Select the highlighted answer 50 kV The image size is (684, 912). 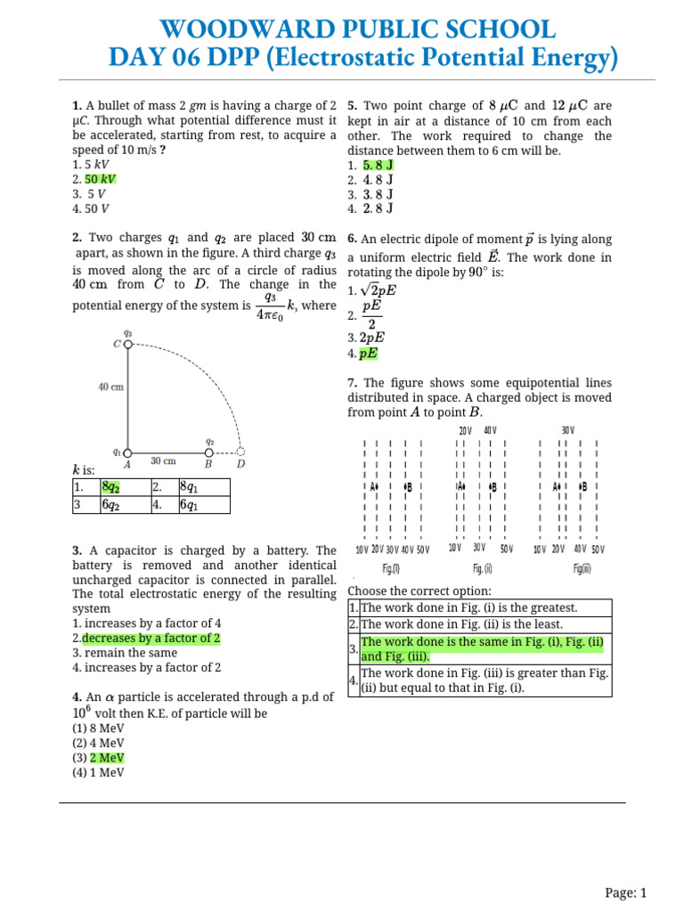tap(101, 179)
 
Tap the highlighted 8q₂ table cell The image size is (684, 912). tap(111, 487)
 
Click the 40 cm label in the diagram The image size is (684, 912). tap(110, 387)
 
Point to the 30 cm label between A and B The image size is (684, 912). tap(163, 461)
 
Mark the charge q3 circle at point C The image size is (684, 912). tap(127, 344)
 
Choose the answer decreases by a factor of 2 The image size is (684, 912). tap(151, 639)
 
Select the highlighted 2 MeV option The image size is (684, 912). tap(107, 758)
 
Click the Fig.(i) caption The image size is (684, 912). tap(391, 568)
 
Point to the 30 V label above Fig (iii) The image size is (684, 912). tap(567, 430)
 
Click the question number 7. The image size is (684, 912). tap(352, 383)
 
